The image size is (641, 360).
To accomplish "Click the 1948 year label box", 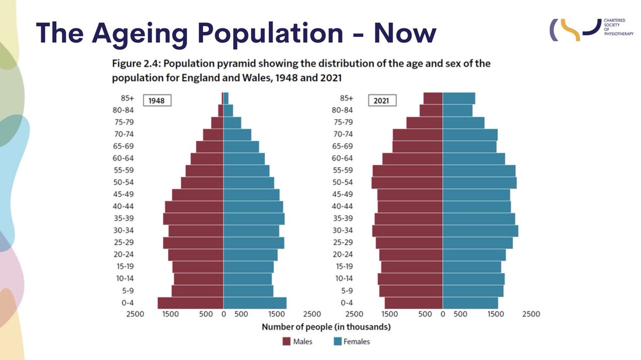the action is (x=157, y=100).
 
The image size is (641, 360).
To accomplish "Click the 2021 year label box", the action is (x=382, y=100).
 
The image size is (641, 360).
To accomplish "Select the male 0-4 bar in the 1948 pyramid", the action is (x=190, y=303).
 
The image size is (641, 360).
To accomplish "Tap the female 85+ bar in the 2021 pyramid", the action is (x=459, y=98).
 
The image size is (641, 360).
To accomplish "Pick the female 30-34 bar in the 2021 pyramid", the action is (x=480, y=231).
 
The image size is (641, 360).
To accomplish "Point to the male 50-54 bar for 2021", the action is (x=407, y=183).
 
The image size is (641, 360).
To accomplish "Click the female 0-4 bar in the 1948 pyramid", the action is (x=255, y=303).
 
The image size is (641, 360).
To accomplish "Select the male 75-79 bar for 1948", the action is (x=217, y=123).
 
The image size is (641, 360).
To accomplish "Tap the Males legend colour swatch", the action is (x=286, y=341).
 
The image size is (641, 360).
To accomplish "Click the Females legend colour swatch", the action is (x=338, y=341).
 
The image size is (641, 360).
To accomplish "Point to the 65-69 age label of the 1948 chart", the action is (x=123, y=146).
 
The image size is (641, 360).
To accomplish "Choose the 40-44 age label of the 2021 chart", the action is (x=342, y=206).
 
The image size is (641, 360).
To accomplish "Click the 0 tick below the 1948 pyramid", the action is (x=223, y=314).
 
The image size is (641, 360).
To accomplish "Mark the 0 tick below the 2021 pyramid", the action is (x=443, y=314).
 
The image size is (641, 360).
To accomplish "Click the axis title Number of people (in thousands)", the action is (x=326, y=327).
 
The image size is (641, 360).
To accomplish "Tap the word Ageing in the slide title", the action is (x=140, y=34).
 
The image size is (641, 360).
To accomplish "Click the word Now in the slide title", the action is (x=405, y=34).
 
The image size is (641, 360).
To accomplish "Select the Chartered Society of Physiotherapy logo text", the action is (x=619, y=27).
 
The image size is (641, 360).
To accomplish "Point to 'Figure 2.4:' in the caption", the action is (x=137, y=64).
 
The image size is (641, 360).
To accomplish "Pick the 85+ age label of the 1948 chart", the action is (x=127, y=98).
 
